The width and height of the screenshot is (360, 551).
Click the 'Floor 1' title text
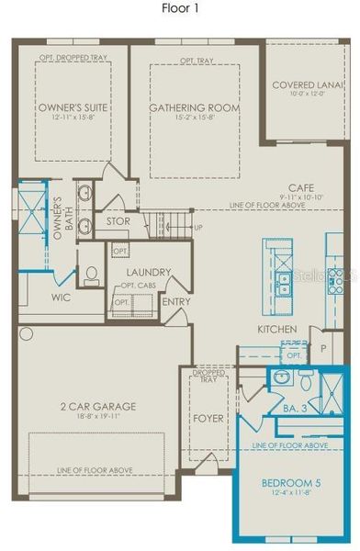click(x=179, y=7)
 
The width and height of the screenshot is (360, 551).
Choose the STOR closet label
click(x=118, y=221)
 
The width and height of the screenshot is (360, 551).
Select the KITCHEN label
click(x=276, y=329)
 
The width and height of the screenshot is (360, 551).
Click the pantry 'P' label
click(x=322, y=349)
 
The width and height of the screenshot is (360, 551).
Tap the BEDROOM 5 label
click(x=282, y=482)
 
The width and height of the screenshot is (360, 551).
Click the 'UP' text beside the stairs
click(x=197, y=227)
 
